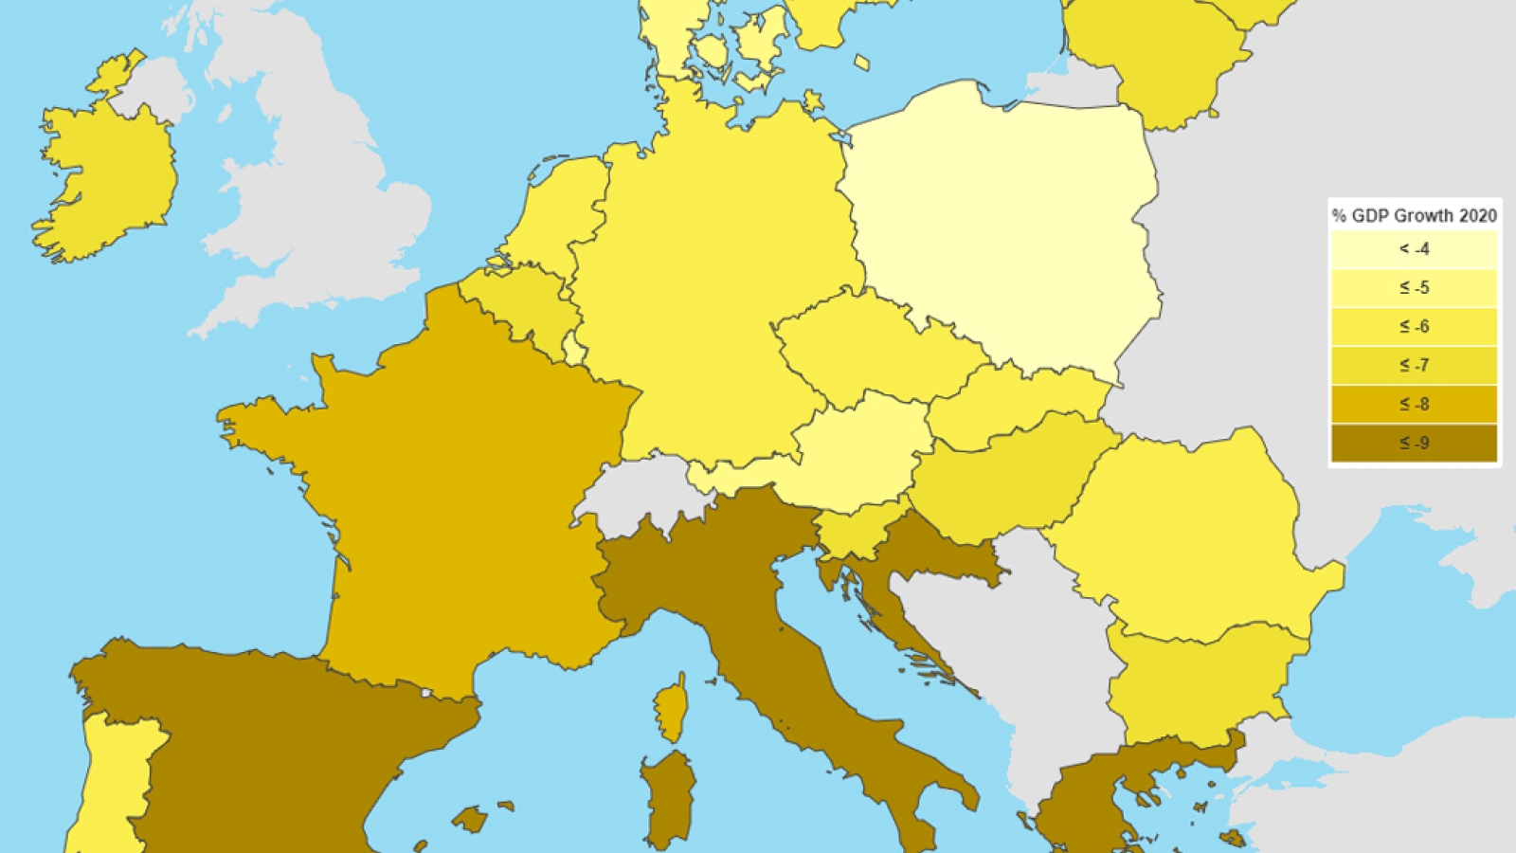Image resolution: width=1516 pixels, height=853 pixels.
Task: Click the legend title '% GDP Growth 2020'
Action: [1414, 215]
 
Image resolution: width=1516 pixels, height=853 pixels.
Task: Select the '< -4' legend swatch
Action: [1414, 249]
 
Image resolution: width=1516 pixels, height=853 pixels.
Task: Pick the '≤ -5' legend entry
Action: [1414, 288]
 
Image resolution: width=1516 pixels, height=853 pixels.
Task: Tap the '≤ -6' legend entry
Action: [1414, 327]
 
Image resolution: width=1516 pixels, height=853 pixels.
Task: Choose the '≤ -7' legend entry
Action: [1414, 366]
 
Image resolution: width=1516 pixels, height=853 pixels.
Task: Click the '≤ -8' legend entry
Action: [1414, 405]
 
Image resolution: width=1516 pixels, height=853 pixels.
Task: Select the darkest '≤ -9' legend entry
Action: [1414, 444]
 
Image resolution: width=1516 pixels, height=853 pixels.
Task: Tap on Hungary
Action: [1004, 479]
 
